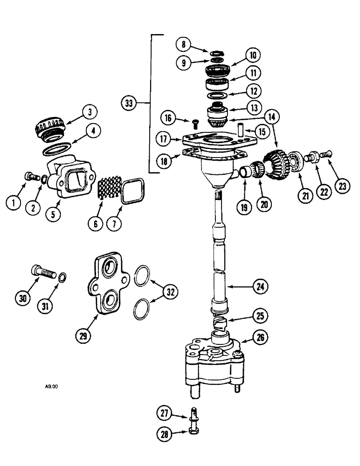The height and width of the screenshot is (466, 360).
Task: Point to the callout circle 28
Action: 162,435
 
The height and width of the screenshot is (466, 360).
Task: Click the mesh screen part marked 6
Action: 109,191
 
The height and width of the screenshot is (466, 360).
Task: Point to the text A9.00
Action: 52,386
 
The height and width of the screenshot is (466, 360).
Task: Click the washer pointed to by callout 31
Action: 61,278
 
